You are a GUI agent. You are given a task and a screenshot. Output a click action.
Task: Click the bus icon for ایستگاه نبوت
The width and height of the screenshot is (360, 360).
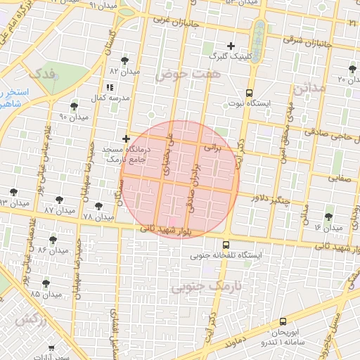pos(250,93)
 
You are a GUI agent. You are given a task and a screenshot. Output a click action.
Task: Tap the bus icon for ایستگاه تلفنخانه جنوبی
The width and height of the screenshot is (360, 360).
pos(225,244)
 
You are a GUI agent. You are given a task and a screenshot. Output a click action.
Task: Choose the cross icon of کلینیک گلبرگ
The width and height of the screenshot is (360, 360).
pos(231,46)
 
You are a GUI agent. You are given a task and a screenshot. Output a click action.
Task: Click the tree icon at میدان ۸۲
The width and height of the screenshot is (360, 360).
pos(125,60)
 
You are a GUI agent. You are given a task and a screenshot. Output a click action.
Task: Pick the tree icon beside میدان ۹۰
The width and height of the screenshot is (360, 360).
pos(74,106)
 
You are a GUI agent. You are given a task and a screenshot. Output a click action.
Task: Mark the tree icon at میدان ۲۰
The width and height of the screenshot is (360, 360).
pos(352,69)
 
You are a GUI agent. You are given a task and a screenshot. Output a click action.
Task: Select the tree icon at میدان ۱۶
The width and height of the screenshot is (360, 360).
pos(329,217)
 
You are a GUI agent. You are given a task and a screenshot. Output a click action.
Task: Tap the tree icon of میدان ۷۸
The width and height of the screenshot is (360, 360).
pos(98,206)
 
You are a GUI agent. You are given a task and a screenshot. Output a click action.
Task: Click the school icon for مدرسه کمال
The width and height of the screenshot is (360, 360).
pos(109,88)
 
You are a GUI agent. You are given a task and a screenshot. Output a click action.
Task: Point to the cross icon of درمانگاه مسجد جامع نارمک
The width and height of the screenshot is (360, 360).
pos(126,139)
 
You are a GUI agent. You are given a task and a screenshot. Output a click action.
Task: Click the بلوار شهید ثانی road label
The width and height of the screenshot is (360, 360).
pos(165,229)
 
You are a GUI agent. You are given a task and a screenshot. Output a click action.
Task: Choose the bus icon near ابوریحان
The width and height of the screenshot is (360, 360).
pos(283,321)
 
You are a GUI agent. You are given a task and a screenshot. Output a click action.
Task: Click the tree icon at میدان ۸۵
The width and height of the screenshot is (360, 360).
pos(46,283)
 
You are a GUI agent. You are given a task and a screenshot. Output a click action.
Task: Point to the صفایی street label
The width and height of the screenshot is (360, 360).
pos(342,179)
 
